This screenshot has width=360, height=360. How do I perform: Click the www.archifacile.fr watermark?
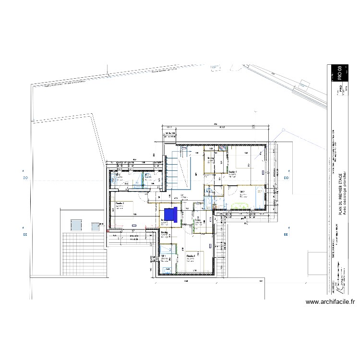(330, 302)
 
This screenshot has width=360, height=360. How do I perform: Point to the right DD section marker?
(287, 178)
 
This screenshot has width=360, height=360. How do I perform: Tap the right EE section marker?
(287, 235)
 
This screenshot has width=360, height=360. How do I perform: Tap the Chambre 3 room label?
(120, 204)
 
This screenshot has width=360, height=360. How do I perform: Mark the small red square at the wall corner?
(108, 232)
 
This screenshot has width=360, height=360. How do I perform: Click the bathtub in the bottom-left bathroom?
(167, 269)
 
